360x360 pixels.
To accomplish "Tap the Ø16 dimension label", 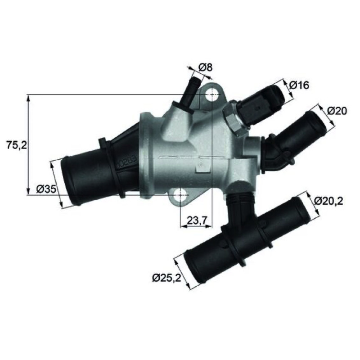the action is [x=299, y=85].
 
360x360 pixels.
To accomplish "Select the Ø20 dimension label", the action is [x=337, y=111].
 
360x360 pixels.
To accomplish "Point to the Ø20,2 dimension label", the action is [x=328, y=201].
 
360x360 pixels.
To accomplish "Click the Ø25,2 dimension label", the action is [x=166, y=278].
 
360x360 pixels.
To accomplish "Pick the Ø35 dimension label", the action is [x=46, y=189].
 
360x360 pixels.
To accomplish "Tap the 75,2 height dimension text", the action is [x=17, y=145].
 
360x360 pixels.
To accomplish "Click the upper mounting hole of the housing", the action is [x=211, y=94].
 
